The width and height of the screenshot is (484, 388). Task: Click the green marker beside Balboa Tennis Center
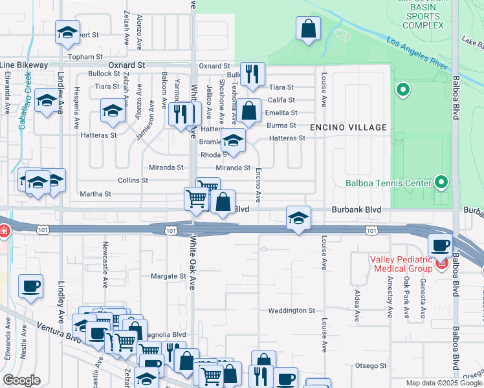coord(442,182)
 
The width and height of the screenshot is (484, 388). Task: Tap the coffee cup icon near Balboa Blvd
coord(441,246)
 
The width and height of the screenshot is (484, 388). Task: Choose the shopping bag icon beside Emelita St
coord(248,111)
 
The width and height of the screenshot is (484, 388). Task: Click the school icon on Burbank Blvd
coord(298,218)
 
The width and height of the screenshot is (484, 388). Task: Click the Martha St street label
coord(95,193)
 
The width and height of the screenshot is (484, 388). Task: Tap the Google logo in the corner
coord(22,380)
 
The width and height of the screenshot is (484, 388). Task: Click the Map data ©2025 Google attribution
coord(443,383)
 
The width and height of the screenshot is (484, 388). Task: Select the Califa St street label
coord(281,100)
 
